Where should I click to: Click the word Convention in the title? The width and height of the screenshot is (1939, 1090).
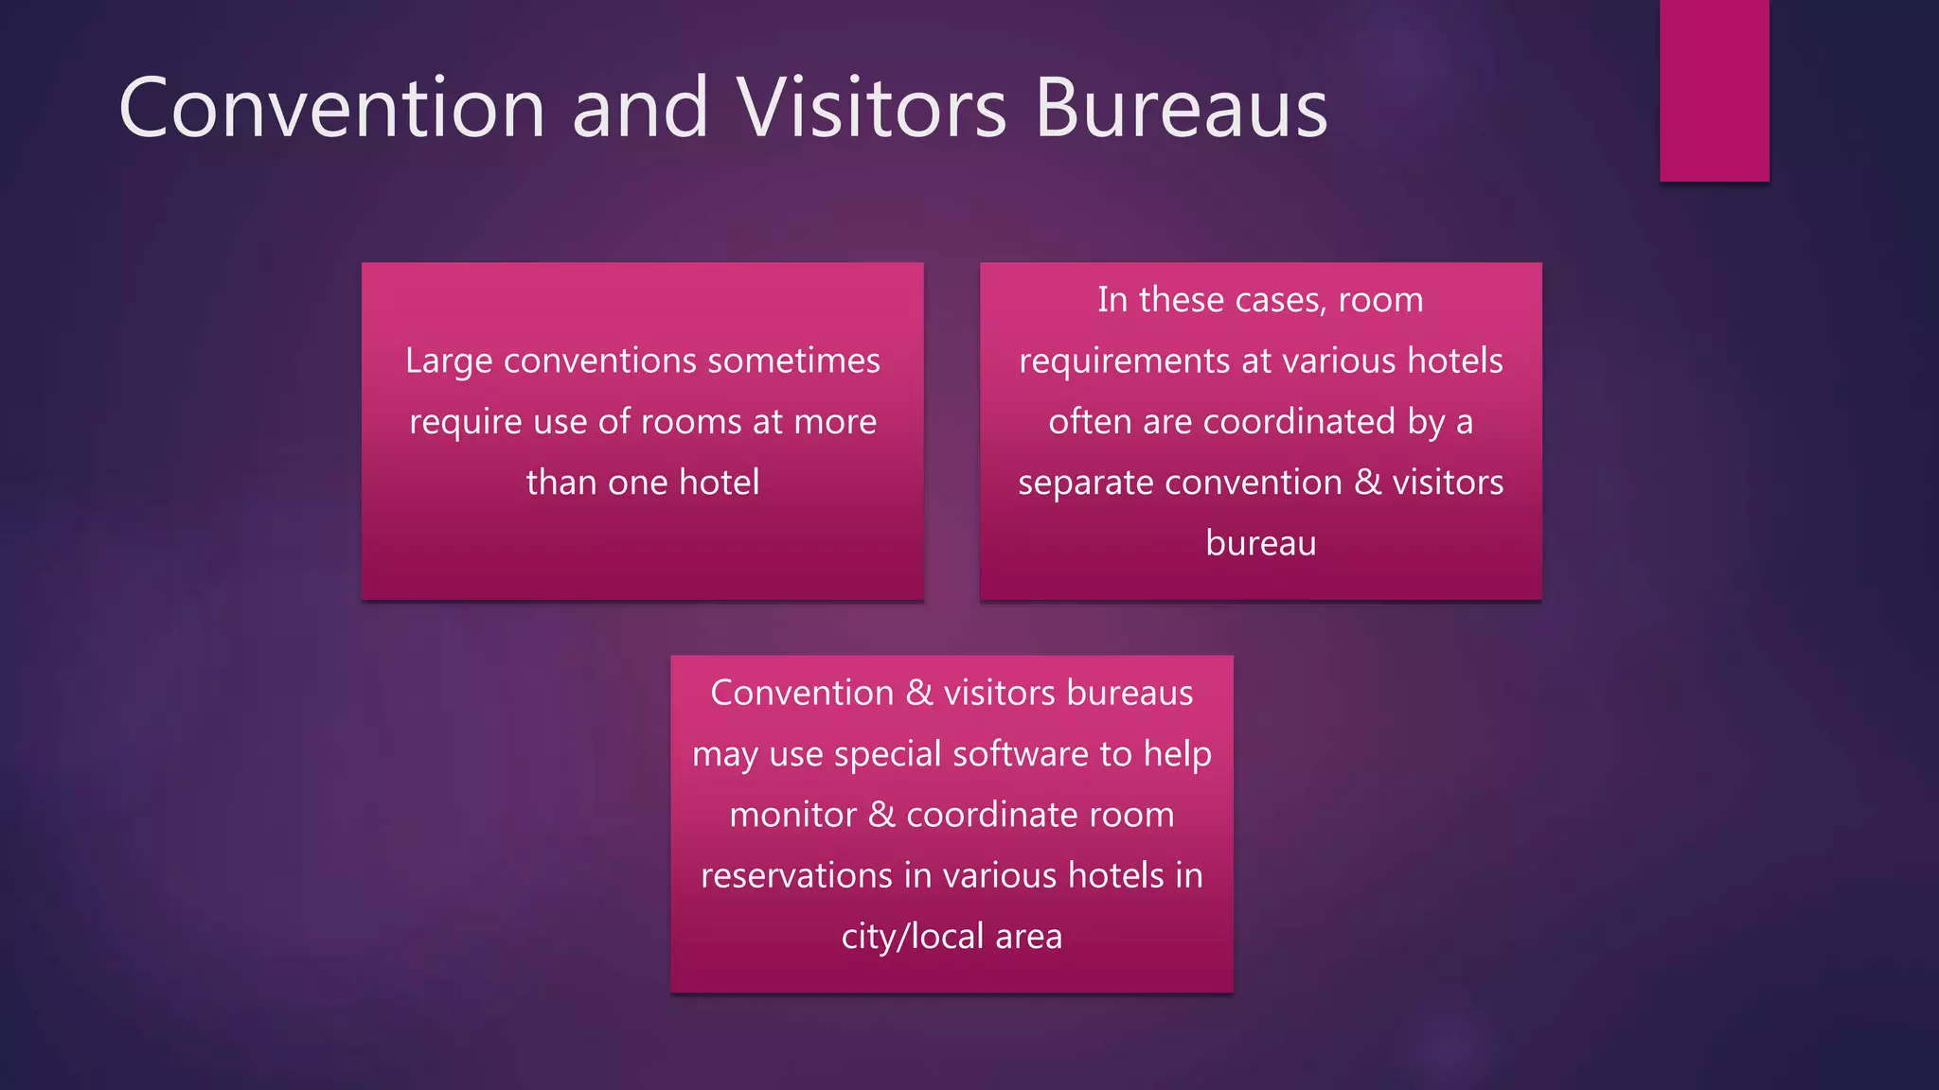[331, 108]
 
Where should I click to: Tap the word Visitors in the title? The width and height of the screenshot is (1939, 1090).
[871, 108]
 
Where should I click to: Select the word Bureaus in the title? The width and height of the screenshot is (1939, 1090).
[1181, 108]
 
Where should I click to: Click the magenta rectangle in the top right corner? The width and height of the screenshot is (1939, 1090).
[1714, 90]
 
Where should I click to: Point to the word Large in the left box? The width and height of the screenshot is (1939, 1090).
[448, 361]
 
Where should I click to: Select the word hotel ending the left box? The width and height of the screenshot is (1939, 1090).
[719, 483]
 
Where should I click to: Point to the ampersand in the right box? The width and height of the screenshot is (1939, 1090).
[1367, 483]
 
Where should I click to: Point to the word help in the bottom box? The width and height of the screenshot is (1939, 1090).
[1177, 754]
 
